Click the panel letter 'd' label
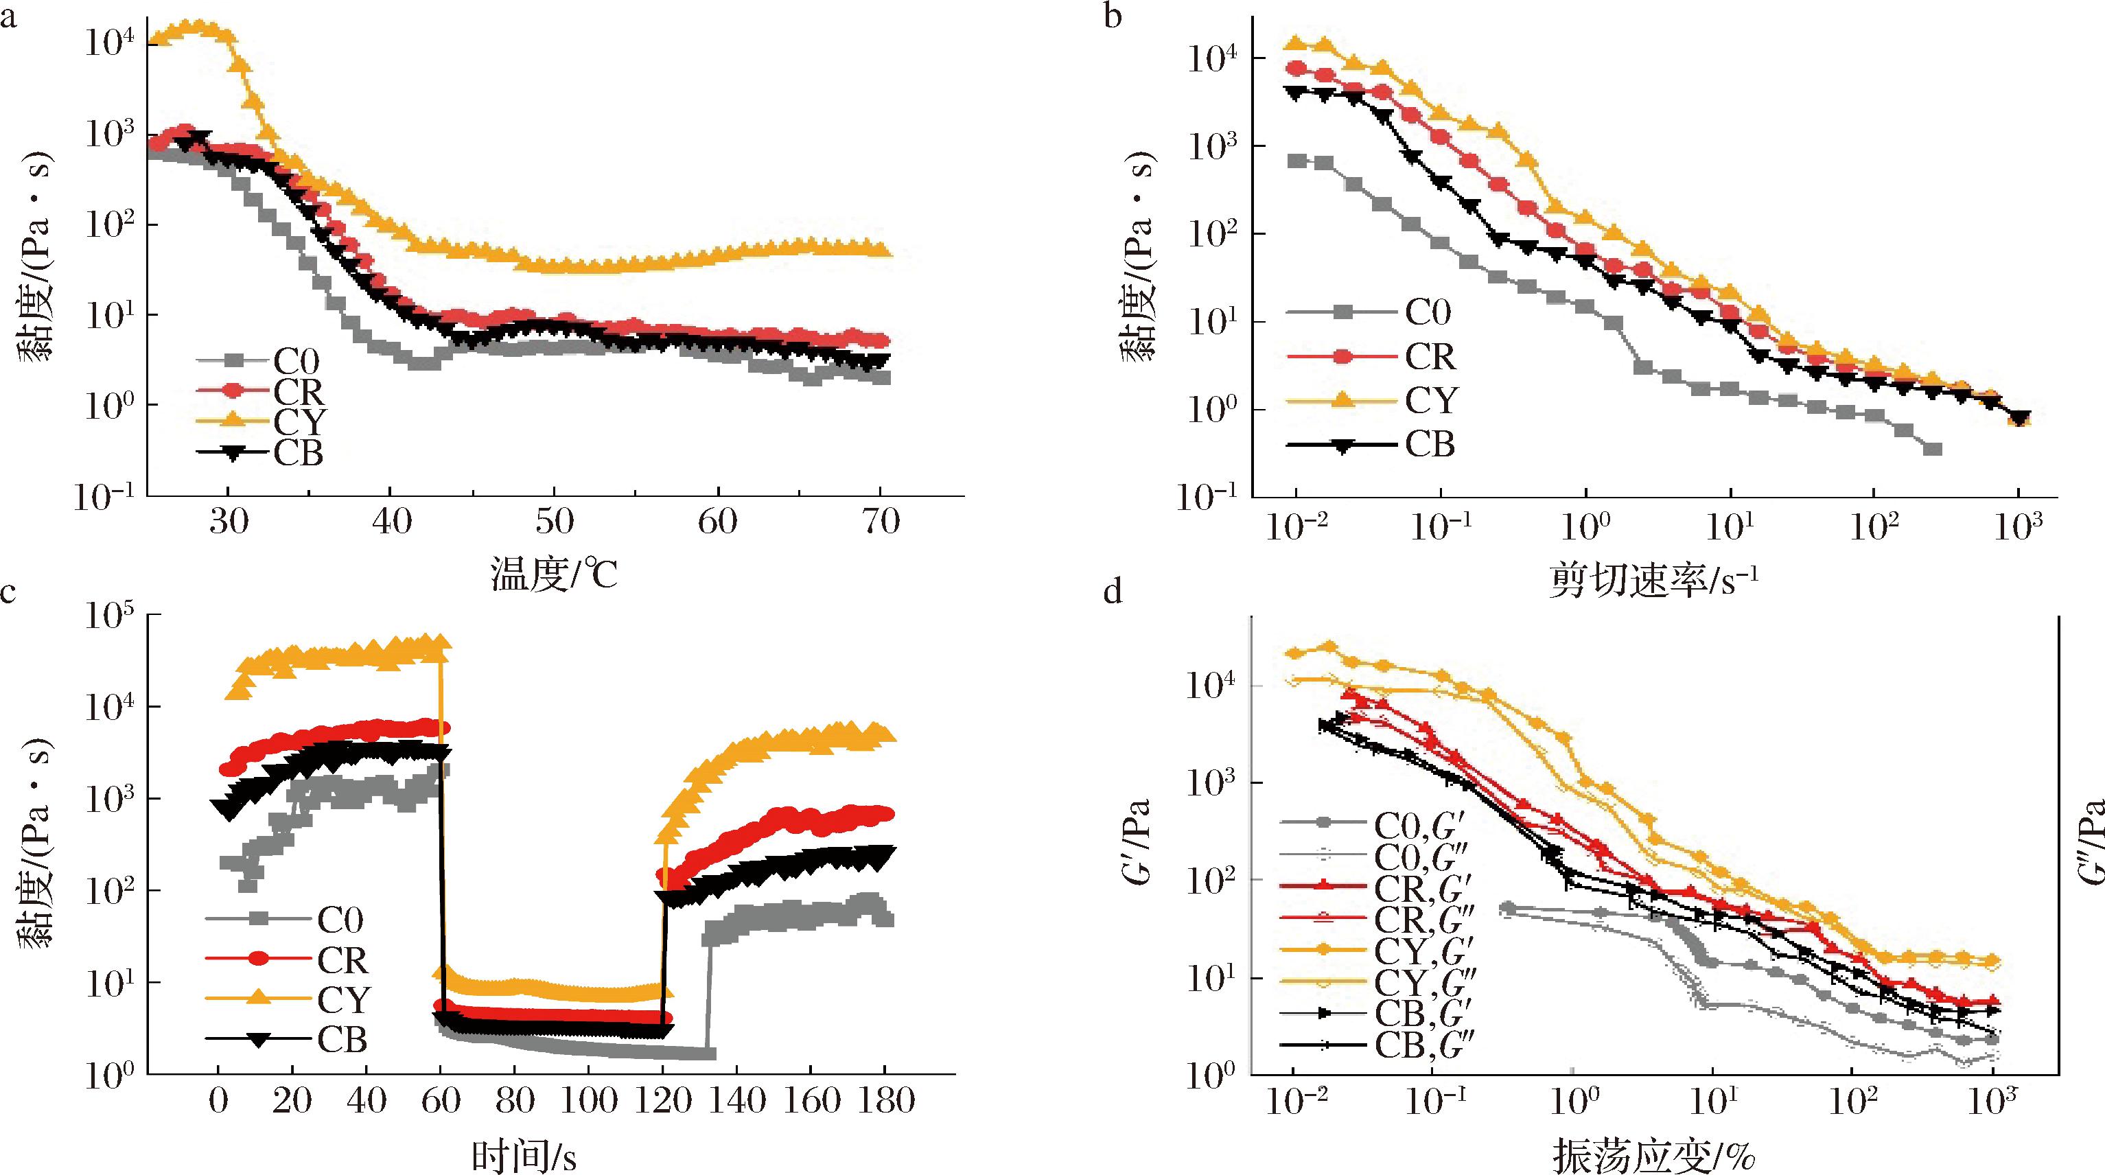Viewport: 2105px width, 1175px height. [1113, 591]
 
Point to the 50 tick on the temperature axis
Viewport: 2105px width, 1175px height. [555, 522]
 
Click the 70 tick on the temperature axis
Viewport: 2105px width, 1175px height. [881, 522]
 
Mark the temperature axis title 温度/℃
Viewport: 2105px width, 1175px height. [554, 574]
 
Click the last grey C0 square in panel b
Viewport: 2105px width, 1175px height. [1932, 449]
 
